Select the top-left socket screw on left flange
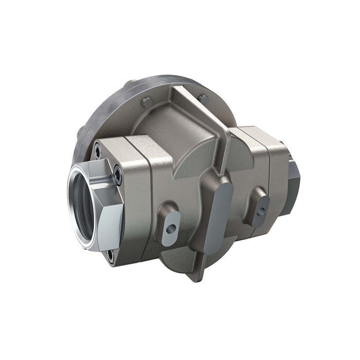98,150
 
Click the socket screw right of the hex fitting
118,175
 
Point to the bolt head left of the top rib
147,101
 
